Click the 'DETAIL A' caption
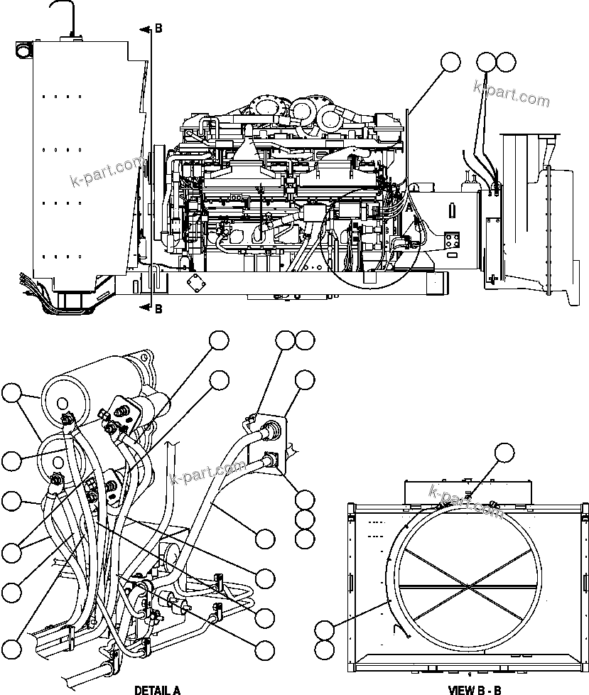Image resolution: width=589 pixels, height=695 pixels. coord(158,689)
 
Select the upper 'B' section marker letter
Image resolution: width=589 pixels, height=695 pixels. coord(158,28)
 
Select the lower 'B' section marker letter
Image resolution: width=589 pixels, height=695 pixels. coord(158,308)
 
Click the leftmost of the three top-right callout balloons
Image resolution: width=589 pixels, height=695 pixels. coord(450,62)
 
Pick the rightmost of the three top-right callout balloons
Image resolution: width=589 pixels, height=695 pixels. coord(506,62)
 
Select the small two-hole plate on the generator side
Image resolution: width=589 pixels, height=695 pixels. coord(450,242)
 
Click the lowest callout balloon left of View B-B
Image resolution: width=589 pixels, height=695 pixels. coord(325,649)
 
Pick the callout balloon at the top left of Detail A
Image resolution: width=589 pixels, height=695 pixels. coord(11,394)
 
